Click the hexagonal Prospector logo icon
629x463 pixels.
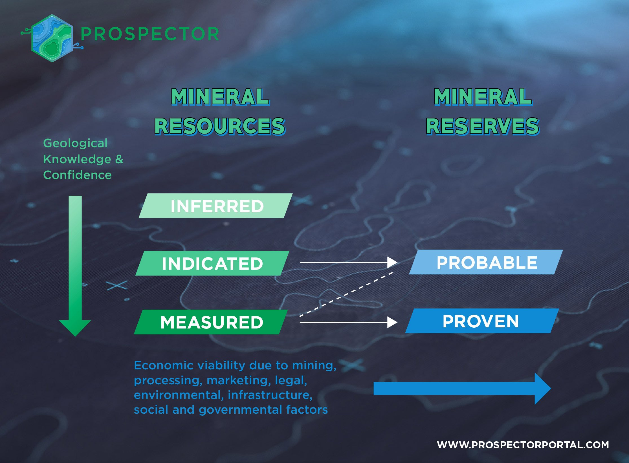pyautogui.click(x=52, y=38)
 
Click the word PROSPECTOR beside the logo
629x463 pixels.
pyautogui.click(x=150, y=34)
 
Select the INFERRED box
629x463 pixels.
pyautogui.click(x=216, y=206)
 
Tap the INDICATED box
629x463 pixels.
pyautogui.click(x=212, y=263)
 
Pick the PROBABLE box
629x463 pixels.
pyautogui.click(x=486, y=262)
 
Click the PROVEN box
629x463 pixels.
pyautogui.click(x=482, y=321)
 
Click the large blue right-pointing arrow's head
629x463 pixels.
pyautogui.click(x=542, y=389)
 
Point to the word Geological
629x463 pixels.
pyautogui.click(x=75, y=143)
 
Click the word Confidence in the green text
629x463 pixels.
pyautogui.click(x=78, y=175)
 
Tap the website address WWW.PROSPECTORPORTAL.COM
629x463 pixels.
pyautogui.click(x=523, y=445)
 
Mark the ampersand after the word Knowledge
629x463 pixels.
pyautogui.click(x=119, y=159)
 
